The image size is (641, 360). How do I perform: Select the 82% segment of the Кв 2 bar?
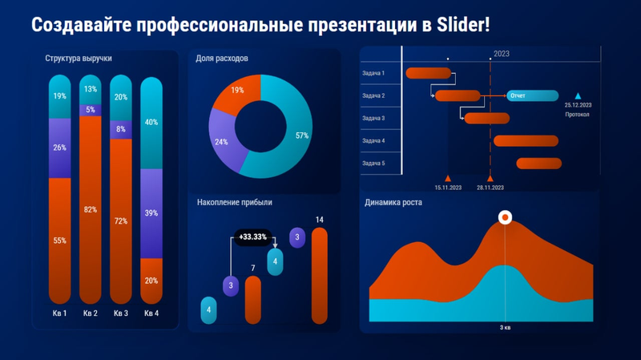point(90,210)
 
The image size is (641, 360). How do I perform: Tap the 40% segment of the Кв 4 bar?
point(151,123)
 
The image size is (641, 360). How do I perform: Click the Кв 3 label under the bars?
point(121,313)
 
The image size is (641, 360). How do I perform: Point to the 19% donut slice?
point(238,91)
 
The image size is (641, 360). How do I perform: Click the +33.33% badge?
point(253,237)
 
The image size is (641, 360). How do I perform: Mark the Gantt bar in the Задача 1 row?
point(429,74)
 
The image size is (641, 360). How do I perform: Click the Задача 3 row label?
point(373,119)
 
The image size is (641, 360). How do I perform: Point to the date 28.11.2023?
point(490,188)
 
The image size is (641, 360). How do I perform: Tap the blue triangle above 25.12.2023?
point(578,95)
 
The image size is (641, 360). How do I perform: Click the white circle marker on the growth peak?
point(505,216)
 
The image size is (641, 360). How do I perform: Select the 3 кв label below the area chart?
point(506,328)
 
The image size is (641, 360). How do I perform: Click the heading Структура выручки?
point(79,59)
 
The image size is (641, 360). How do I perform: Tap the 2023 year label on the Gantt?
point(502,54)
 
